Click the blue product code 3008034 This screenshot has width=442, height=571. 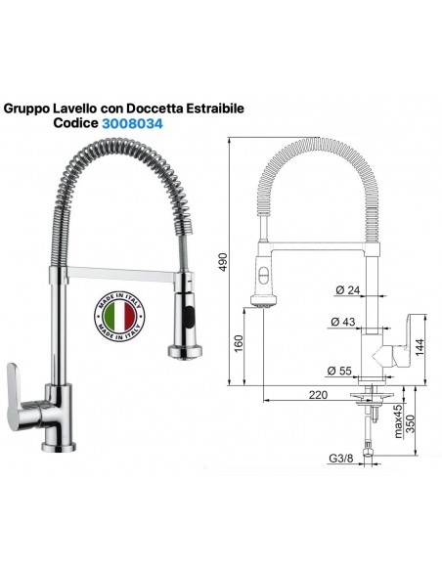[x=132, y=124]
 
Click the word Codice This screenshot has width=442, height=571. [x=75, y=123]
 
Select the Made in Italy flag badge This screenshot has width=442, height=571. [x=119, y=316]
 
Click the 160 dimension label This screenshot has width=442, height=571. [x=238, y=344]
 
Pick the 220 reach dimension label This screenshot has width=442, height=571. [x=318, y=395]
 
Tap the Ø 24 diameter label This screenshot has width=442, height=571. [x=348, y=290]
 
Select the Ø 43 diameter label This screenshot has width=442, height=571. [x=343, y=322]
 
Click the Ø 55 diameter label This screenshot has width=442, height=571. [x=339, y=371]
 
